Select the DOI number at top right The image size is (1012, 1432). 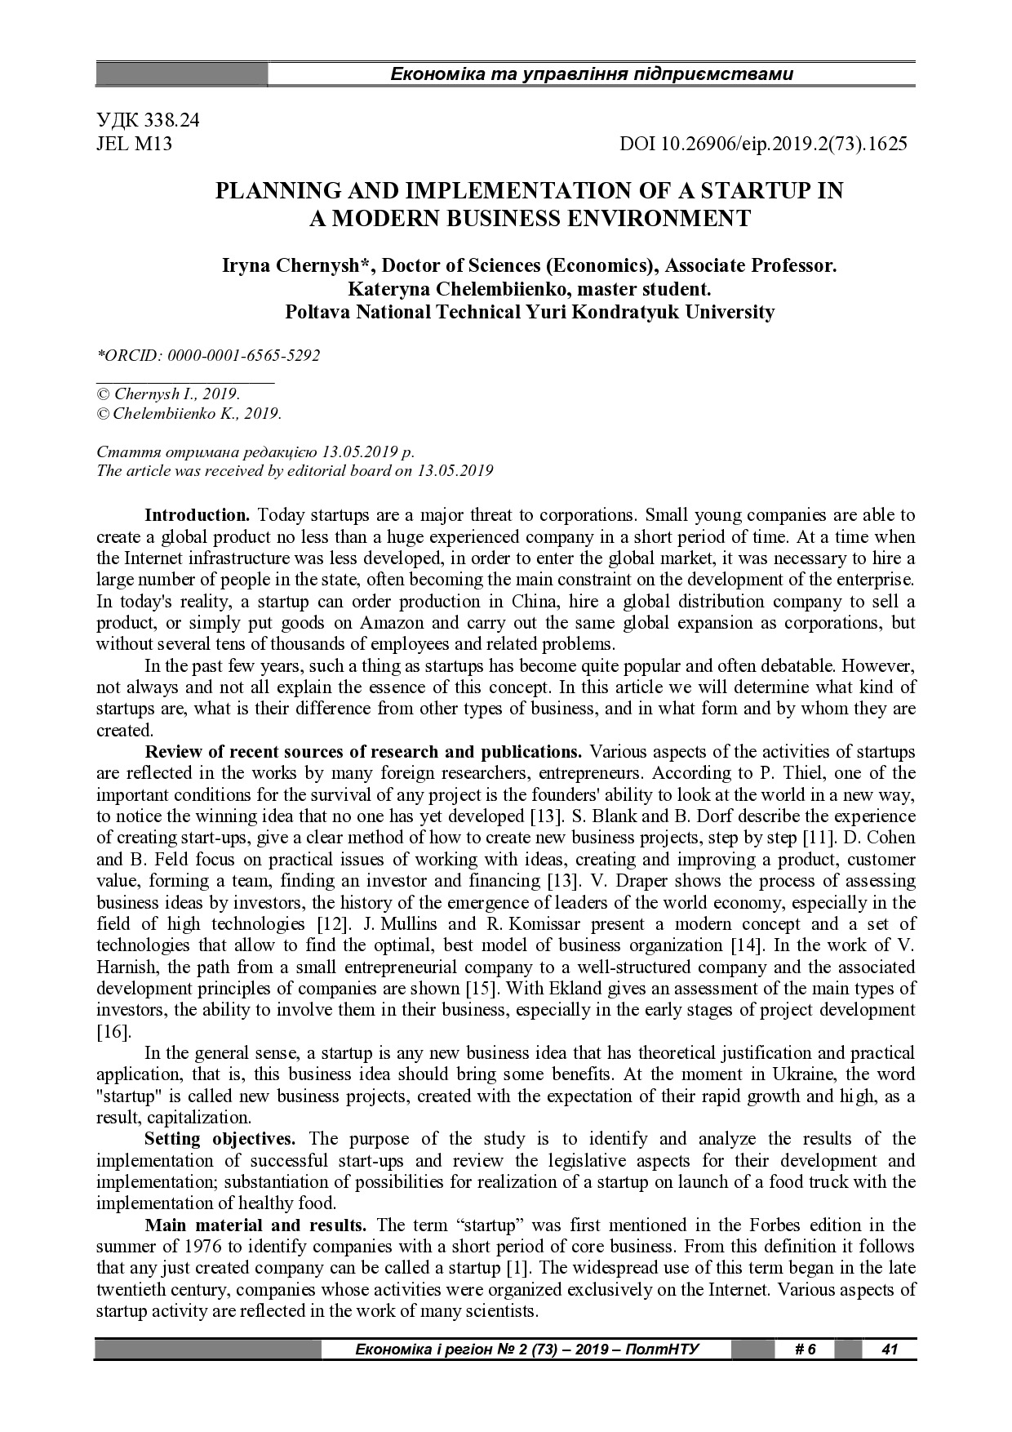[x=763, y=145]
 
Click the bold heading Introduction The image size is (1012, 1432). [x=197, y=515]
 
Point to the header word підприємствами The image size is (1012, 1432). [x=726, y=74]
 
